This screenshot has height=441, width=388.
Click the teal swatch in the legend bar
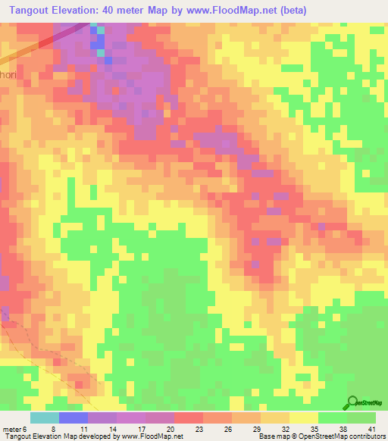45,418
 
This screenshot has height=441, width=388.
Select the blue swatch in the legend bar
74,418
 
